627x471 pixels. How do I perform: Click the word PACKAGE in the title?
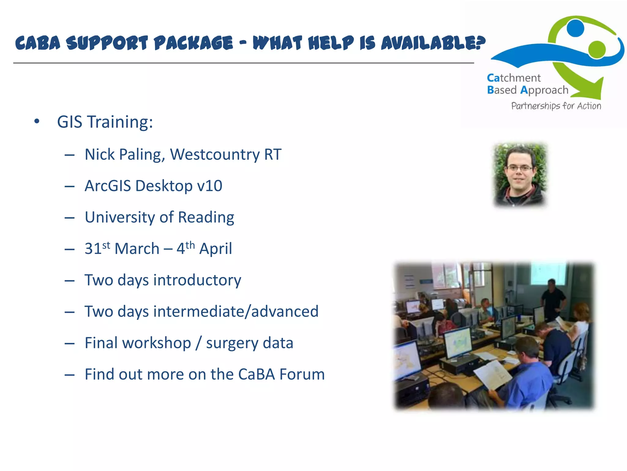(x=193, y=43)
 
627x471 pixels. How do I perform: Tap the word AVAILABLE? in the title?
(x=433, y=43)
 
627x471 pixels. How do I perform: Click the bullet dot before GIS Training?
(x=37, y=121)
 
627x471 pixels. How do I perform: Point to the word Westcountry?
(x=215, y=154)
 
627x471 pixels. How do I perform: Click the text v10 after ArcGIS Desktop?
(x=210, y=186)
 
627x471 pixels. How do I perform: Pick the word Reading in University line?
(x=206, y=217)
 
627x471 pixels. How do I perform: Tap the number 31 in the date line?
(x=93, y=249)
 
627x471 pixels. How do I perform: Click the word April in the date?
(x=216, y=249)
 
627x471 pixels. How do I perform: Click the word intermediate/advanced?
(x=236, y=312)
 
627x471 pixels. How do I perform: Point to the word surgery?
(x=232, y=343)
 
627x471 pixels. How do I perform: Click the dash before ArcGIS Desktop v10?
(x=70, y=186)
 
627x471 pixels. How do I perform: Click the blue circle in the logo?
(x=575, y=28)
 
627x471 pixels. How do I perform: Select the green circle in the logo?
(x=597, y=49)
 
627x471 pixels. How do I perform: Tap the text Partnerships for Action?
(x=556, y=106)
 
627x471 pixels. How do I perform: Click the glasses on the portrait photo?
(x=520, y=168)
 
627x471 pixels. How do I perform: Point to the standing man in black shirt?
(x=553, y=299)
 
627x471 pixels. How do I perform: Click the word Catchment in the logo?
(x=514, y=78)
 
